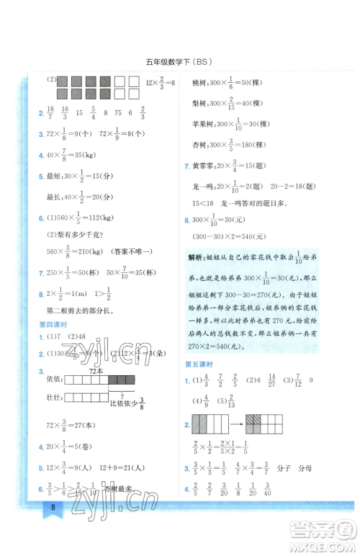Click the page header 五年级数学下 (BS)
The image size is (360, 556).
[x=179, y=60]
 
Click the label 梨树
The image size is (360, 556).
[x=199, y=103]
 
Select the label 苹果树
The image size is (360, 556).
[x=202, y=124]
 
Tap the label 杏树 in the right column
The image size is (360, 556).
[x=199, y=145]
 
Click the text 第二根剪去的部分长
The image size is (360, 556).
[x=79, y=310]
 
